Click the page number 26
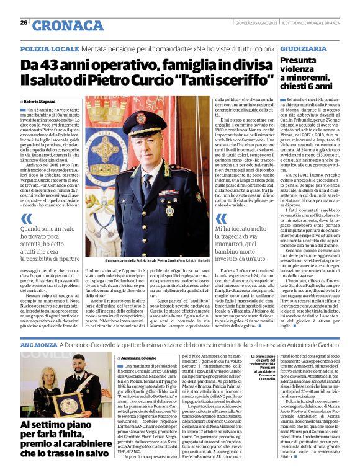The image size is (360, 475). point(23,23)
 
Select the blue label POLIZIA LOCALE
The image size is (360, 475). point(48,48)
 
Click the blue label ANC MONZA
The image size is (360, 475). point(39,343)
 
